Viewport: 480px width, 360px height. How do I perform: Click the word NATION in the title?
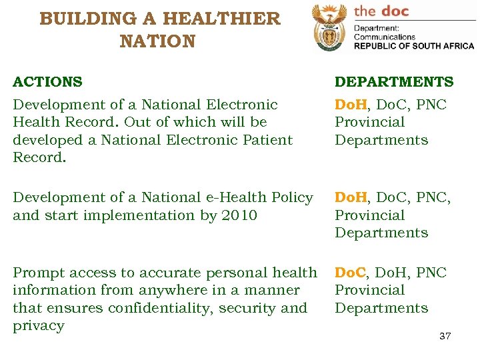click(158, 41)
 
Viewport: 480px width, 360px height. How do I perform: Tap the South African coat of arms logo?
click(329, 29)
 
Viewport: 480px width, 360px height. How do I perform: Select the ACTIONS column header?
click(48, 82)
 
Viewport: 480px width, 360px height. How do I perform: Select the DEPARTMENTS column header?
click(393, 82)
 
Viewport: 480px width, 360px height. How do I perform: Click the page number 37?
click(445, 335)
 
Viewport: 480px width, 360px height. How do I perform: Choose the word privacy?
click(39, 326)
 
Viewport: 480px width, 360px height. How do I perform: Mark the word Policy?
click(293, 197)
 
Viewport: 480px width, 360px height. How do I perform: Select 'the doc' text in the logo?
click(381, 11)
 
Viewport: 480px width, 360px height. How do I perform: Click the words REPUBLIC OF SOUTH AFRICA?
click(413, 46)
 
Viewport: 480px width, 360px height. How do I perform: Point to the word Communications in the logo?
click(385, 37)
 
